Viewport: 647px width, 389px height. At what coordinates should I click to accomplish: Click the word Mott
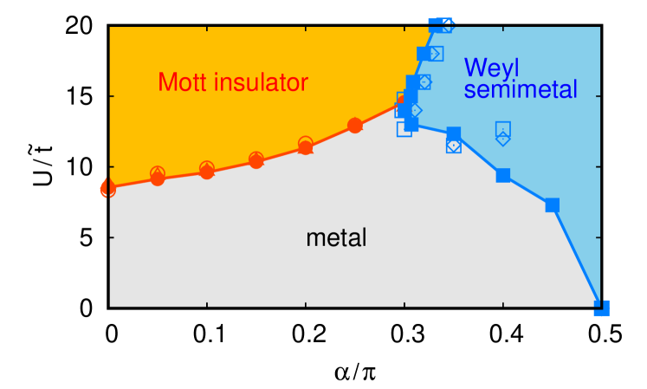point(184,82)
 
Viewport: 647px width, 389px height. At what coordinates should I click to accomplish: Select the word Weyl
point(492,68)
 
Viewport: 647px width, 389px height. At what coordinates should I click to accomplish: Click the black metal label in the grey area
point(336,237)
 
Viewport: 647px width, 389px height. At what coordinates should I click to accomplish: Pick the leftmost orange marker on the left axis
point(107,187)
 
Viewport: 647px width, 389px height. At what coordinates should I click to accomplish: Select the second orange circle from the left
point(158,177)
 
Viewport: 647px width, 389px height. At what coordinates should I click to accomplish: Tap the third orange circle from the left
point(207,170)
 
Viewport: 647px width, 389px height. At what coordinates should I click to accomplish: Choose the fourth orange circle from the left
point(256,160)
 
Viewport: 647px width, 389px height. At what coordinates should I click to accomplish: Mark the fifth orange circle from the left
point(306,146)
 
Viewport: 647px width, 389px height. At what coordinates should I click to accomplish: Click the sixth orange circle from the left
point(355,126)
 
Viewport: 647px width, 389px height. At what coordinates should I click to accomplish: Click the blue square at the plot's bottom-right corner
point(601,308)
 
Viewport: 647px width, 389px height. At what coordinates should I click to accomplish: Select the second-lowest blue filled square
point(552,205)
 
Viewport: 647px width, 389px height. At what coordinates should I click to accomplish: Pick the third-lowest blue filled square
point(503,175)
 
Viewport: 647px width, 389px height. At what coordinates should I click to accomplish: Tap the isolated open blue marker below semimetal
point(503,133)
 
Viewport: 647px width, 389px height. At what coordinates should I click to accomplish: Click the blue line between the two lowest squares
point(577,256)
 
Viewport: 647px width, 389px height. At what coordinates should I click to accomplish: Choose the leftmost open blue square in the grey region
point(404,129)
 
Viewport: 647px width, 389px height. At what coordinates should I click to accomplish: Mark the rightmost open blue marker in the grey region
point(454,146)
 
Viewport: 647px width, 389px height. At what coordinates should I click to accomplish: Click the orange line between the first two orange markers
point(133,182)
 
